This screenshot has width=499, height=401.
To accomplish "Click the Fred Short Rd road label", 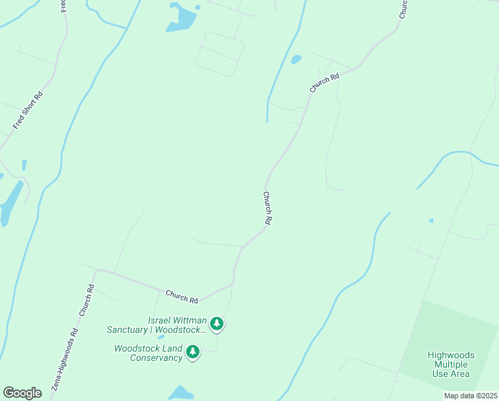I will point(28,111).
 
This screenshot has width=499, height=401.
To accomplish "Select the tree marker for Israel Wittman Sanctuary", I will point(216,324).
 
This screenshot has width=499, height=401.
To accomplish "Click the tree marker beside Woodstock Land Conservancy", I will point(193,351).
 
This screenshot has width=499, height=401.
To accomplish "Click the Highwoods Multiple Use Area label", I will point(451,364).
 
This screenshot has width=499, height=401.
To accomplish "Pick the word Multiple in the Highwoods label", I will point(452,364).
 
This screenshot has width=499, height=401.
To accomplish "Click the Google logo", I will point(22,393).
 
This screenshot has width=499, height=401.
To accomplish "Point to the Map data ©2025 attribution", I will point(470,396).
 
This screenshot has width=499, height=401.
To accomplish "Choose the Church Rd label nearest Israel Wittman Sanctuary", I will point(182,295).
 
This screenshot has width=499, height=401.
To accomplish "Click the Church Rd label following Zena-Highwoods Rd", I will point(87,300).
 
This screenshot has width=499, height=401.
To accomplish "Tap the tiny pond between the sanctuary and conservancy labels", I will point(161,337).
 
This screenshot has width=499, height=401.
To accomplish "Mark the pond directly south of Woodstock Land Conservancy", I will point(181,393).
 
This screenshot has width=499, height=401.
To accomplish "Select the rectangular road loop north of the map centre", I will point(219,53).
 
